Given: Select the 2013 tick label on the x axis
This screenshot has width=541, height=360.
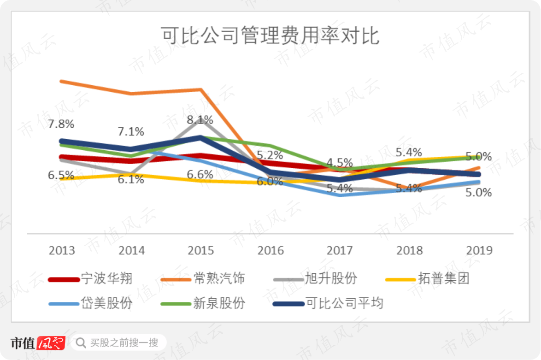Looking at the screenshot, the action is [x=62, y=250].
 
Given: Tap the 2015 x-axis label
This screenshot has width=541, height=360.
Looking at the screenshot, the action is [x=201, y=250].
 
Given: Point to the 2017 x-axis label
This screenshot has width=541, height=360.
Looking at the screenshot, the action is [x=340, y=250].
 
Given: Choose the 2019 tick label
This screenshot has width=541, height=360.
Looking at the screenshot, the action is [x=479, y=250].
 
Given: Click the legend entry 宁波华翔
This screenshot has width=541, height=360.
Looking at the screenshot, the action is [x=90, y=278].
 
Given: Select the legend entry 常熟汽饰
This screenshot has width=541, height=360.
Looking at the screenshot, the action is [x=203, y=278].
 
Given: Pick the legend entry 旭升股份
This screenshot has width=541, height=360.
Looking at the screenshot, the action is [x=315, y=278].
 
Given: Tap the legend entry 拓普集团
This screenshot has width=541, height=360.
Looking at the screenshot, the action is [x=428, y=278].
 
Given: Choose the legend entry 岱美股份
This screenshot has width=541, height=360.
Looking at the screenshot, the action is [x=90, y=303].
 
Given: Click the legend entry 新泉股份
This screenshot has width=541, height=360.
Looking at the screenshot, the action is [x=203, y=303].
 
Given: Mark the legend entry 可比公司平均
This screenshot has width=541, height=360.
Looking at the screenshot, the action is [x=328, y=303].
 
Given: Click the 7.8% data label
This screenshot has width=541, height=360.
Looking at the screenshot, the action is [x=61, y=124].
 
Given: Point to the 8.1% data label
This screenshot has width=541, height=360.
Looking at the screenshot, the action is [x=200, y=120].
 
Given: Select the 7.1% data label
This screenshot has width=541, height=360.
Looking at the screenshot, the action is [x=131, y=131].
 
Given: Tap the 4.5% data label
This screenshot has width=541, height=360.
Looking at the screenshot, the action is [x=340, y=163].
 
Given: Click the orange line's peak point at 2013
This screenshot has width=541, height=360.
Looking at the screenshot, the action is [x=61, y=82].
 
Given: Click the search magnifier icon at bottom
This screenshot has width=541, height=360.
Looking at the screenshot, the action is [x=81, y=343].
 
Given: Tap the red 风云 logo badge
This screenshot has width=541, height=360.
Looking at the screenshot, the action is [x=51, y=343].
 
